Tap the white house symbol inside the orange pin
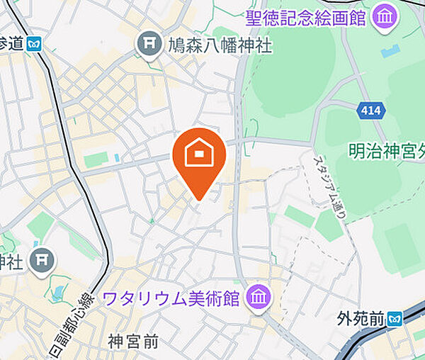199,152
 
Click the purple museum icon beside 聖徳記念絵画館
383,17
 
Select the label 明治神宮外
386,151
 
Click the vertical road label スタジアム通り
327,188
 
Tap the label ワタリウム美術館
173,297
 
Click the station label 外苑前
361,319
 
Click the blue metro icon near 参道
33,45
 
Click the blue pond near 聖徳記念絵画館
390,52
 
